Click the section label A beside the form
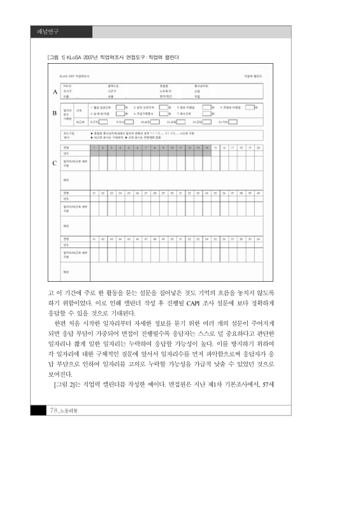(55, 92)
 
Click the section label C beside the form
(55, 163)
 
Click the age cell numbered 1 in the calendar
(94, 147)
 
